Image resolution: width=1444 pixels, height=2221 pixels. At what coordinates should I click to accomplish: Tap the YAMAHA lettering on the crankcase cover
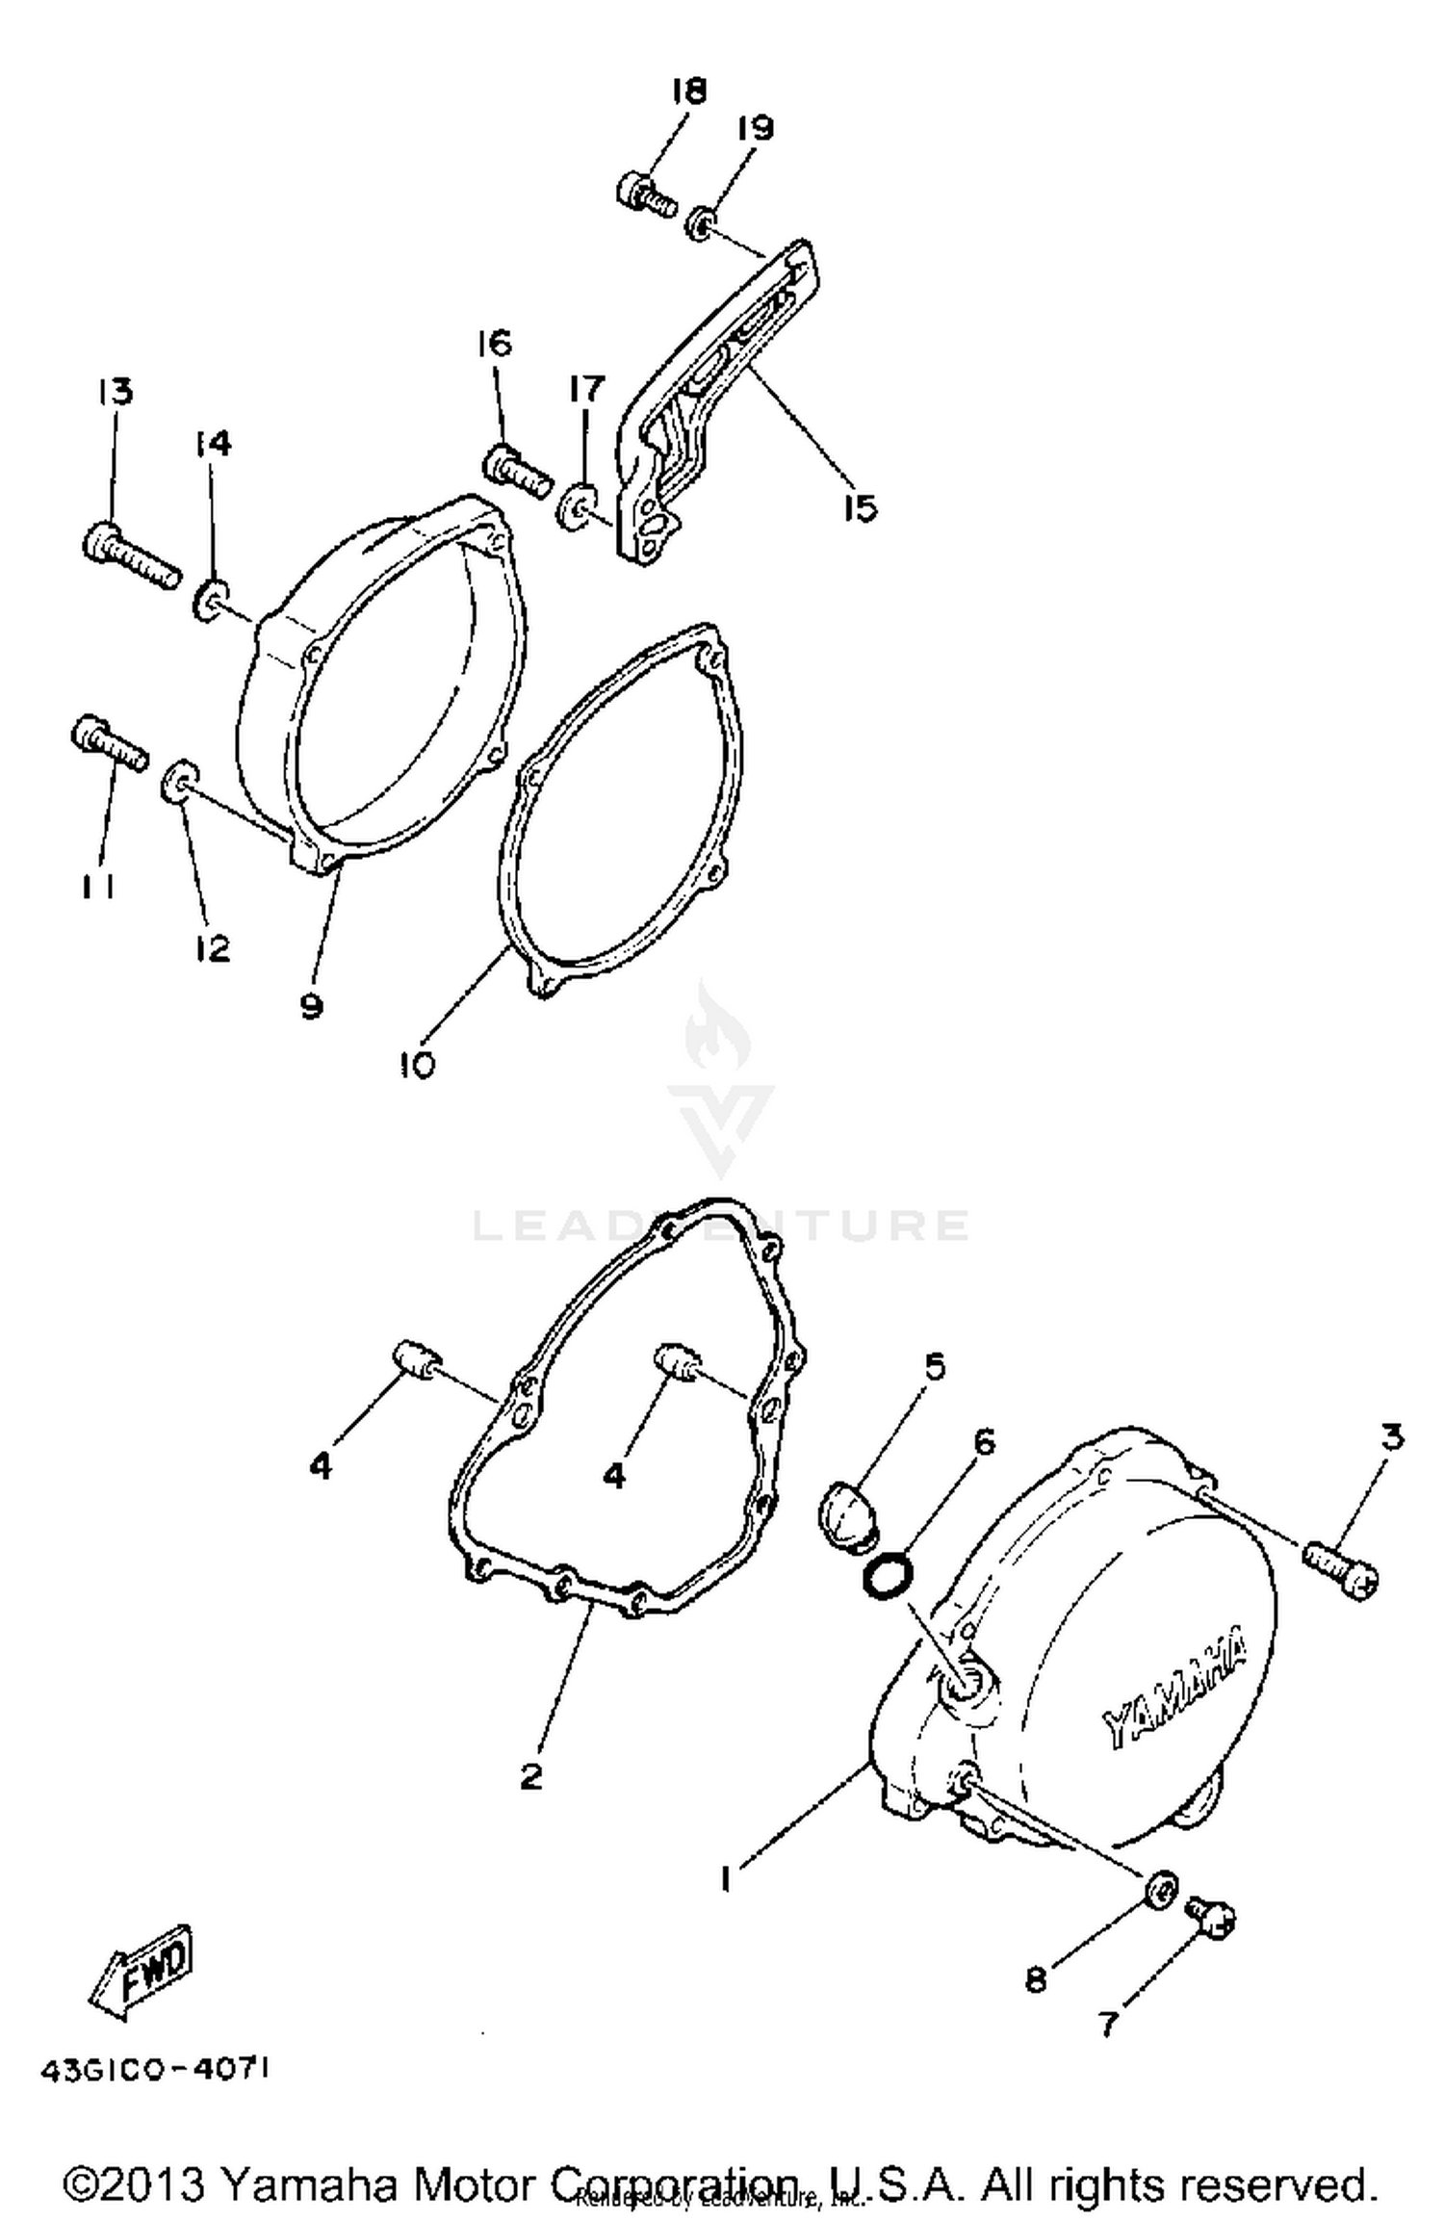coord(1173,1688)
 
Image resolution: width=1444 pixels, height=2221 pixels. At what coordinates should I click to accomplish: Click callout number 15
coord(859,506)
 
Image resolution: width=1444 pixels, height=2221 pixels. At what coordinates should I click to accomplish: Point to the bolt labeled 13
coord(131,554)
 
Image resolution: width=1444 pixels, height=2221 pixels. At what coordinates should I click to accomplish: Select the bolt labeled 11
coord(109,744)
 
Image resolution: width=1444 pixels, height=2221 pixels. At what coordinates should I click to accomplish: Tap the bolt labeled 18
coord(646,193)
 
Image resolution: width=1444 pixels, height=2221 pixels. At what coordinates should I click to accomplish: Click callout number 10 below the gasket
coord(416,1064)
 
